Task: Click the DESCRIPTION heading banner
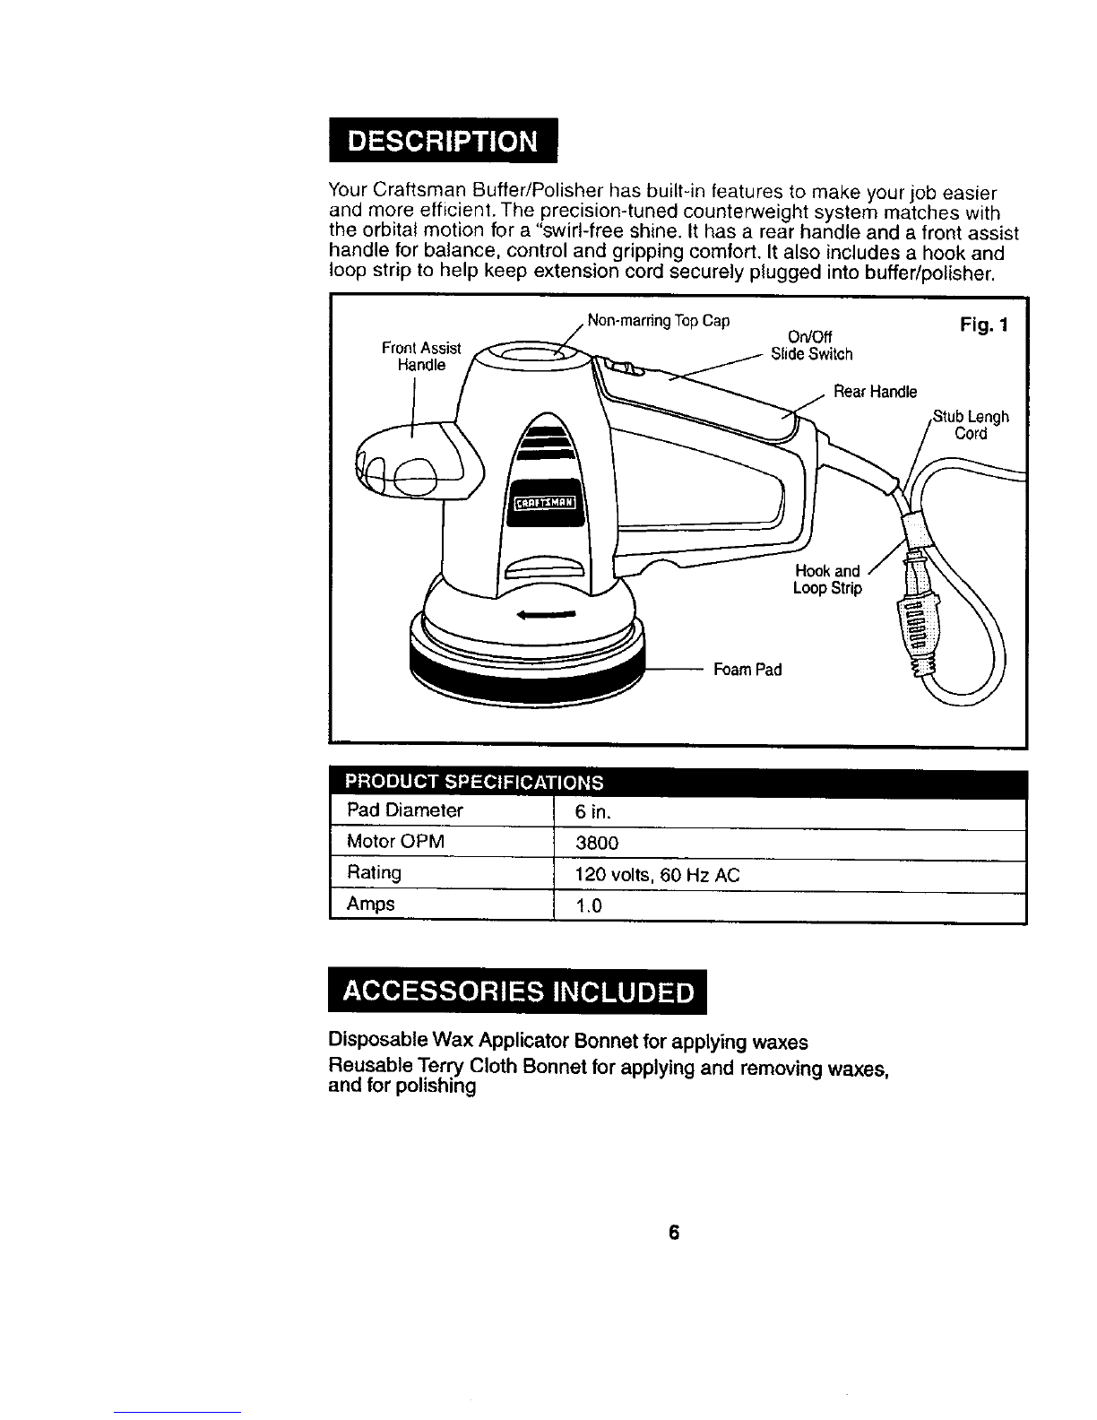[443, 142]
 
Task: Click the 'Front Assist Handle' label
[421, 357]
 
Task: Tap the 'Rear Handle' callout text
[875, 392]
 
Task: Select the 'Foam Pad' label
[747, 669]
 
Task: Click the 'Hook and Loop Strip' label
[826, 580]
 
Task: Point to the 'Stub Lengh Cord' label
[971, 425]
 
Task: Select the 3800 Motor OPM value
[597, 844]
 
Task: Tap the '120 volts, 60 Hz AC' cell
[657, 875]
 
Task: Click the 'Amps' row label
[370, 904]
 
